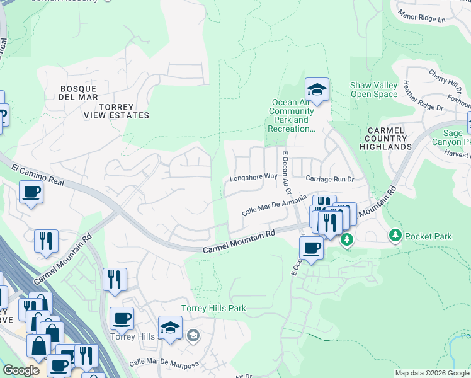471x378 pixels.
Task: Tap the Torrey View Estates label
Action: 117,110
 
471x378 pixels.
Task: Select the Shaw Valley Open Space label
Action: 374,90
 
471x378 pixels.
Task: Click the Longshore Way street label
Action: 253,177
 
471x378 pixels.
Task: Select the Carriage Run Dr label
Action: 330,179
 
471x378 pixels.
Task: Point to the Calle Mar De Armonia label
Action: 275,205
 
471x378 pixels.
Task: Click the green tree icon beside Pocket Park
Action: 395,236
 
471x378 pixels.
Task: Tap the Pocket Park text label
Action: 428,236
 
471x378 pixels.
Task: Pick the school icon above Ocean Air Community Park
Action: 317,90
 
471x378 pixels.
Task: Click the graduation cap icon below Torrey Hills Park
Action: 170,328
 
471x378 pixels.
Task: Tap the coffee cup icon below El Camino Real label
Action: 30,193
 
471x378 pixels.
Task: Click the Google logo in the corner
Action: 21,370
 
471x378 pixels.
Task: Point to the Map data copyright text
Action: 431,373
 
